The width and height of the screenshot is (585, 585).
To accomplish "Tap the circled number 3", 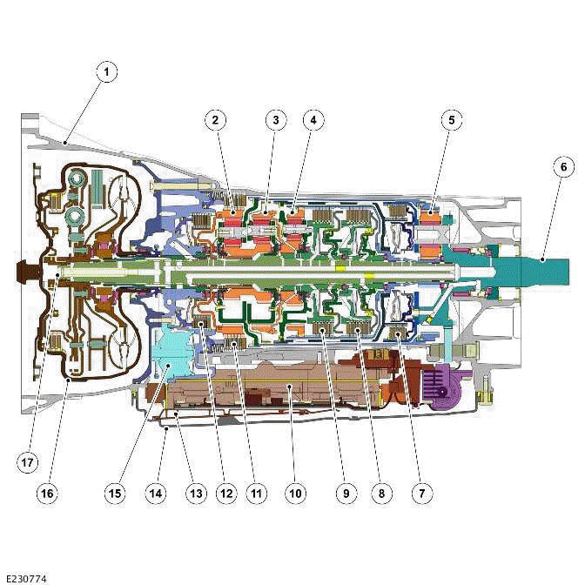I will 273,121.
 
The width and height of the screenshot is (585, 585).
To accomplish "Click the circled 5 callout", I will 450,121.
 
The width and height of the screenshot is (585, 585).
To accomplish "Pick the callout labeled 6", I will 562,165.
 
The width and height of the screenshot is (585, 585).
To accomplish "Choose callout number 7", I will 421,493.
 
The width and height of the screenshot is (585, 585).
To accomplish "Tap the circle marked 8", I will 380,493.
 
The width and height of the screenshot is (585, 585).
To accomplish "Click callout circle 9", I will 345,493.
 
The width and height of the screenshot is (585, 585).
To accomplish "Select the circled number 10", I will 296,493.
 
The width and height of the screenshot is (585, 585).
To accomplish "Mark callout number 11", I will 256,493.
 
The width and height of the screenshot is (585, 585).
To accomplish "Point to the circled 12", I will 226,493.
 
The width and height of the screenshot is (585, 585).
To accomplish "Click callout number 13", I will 196,493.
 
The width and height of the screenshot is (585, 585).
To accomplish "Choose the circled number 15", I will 114,493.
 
